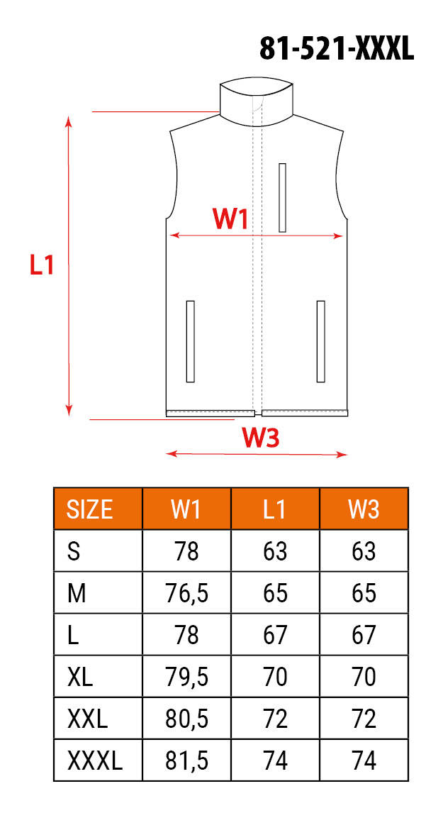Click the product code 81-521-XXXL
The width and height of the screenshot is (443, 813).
click(x=336, y=50)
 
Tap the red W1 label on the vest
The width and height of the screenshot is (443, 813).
click(x=230, y=219)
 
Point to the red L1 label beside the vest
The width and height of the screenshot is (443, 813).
click(x=41, y=265)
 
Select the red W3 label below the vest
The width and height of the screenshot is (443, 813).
click(x=261, y=438)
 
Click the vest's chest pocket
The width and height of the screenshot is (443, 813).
click(x=282, y=197)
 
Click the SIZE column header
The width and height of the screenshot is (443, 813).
click(x=89, y=509)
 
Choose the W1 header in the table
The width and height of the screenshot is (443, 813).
click(x=186, y=509)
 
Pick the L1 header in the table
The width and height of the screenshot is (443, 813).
click(x=274, y=509)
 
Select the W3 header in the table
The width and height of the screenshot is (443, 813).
click(x=363, y=509)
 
